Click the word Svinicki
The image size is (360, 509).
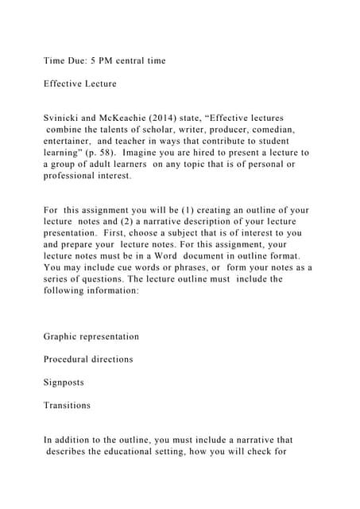point(65,118)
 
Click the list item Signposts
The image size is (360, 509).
point(64,383)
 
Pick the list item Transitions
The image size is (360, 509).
point(67,406)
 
